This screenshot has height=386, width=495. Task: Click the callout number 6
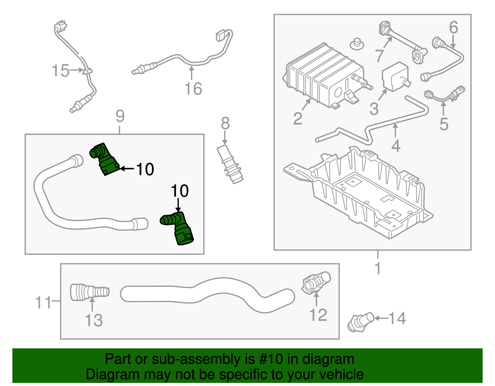453,28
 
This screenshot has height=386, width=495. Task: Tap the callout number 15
61,70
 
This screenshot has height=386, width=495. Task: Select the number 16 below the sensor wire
193,89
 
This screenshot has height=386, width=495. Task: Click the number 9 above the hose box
120,117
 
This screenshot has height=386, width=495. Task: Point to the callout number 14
397,318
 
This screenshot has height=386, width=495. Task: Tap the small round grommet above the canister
357,44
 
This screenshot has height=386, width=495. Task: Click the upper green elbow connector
104,159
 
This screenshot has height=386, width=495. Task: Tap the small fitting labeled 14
360,321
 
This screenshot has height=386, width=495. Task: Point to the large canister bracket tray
359,192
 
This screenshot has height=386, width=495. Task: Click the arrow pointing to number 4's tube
395,130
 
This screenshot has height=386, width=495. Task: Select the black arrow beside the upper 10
127,168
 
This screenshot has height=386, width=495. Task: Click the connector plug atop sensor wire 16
220,35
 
